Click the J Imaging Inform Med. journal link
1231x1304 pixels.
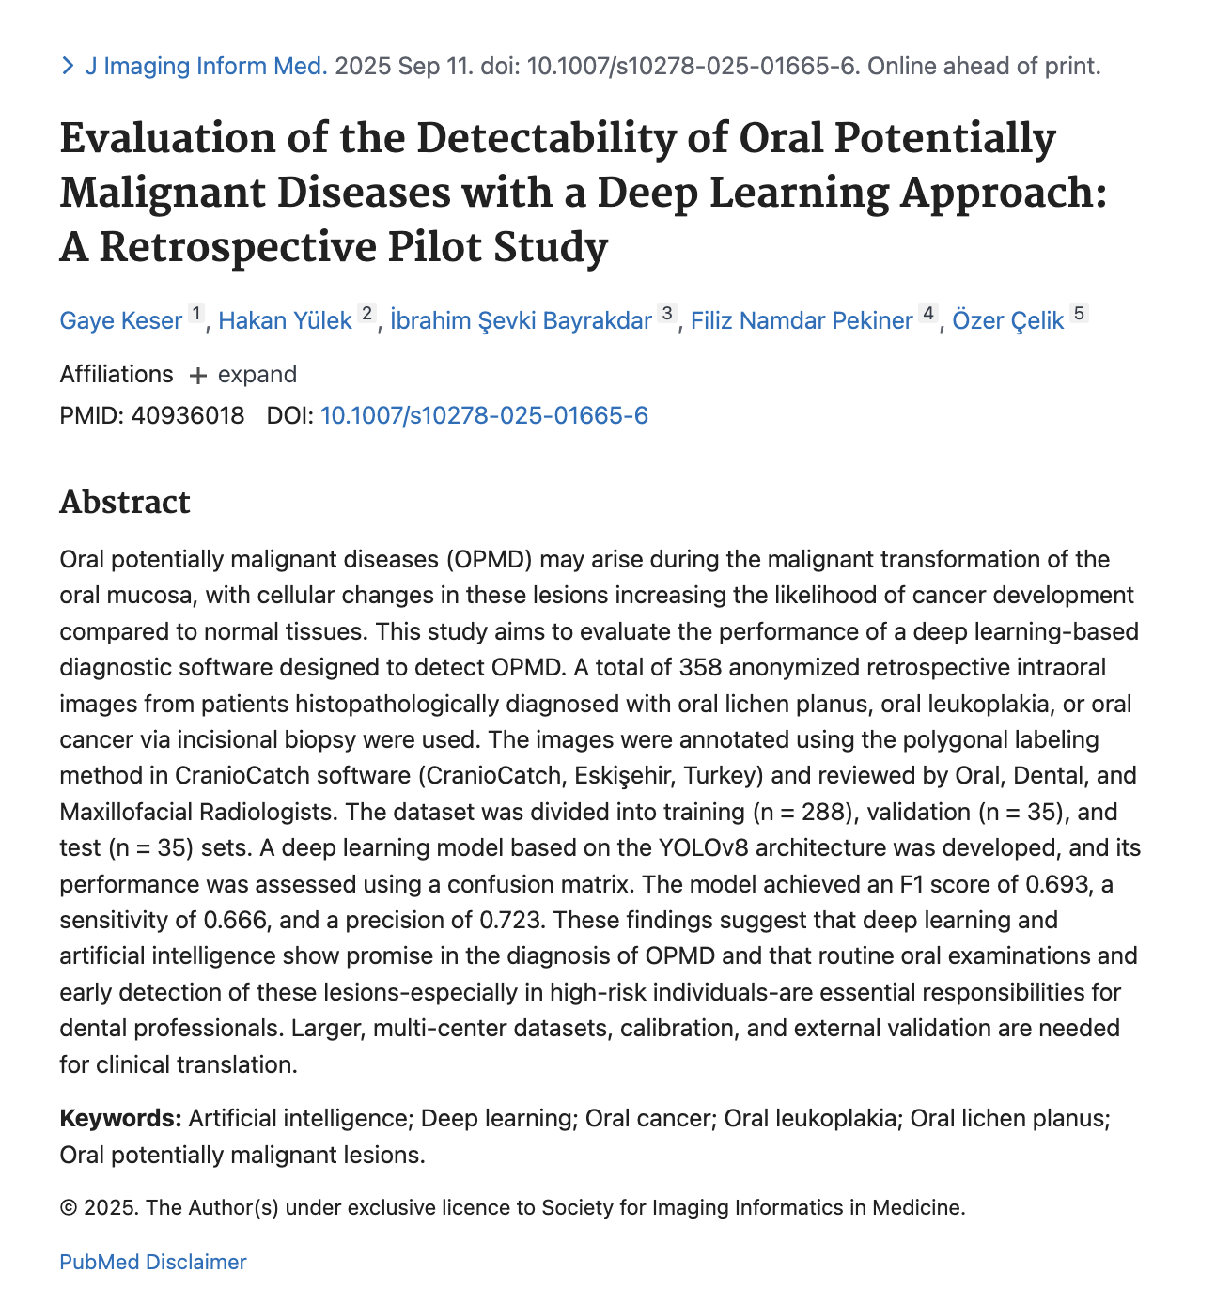point(206,66)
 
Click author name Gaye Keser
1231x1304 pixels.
point(120,320)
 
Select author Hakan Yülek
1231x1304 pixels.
point(285,320)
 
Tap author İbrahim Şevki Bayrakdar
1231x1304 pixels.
point(521,320)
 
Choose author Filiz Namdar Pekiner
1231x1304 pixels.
point(802,320)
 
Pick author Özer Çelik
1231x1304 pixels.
point(1007,320)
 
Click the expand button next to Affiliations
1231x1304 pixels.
point(243,375)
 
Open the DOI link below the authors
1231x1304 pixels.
point(484,415)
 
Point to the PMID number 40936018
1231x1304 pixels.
point(188,415)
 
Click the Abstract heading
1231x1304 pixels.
point(125,502)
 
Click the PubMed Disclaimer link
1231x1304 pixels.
point(152,1262)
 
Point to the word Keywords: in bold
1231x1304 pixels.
point(120,1118)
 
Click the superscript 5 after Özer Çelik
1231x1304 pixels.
point(1080,313)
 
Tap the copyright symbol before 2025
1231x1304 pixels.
point(68,1208)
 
